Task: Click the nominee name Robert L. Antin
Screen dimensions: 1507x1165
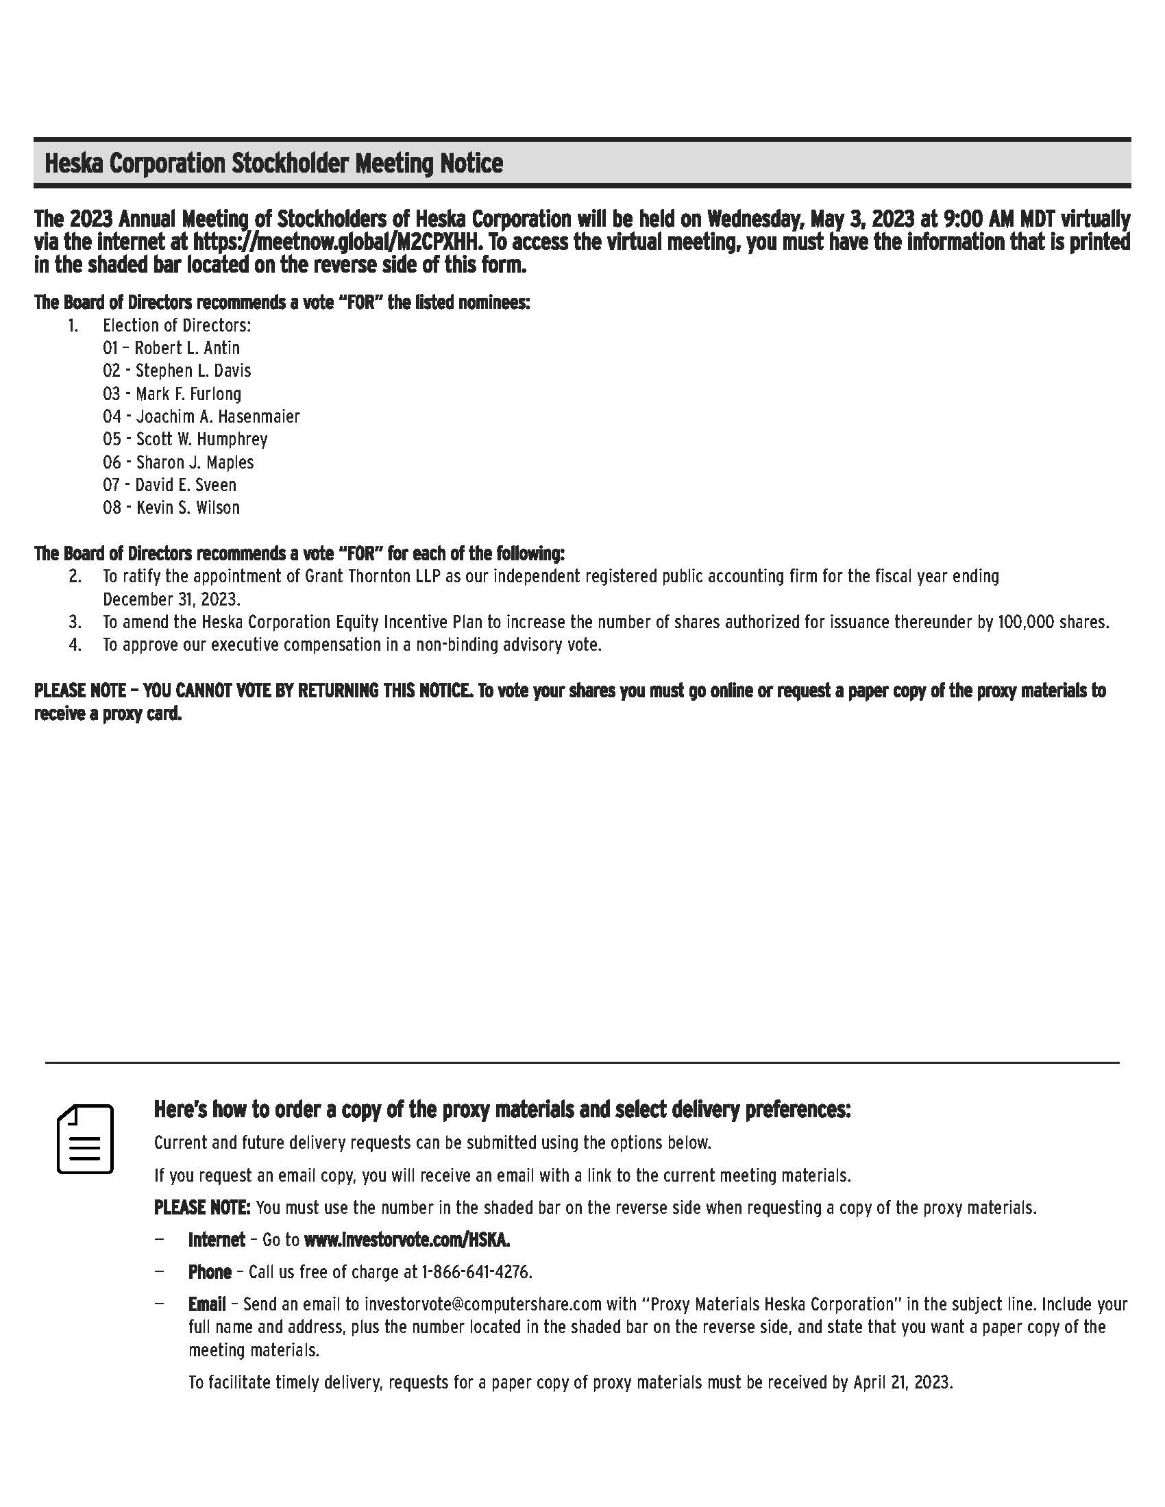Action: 187,348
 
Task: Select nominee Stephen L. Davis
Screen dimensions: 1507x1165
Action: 193,371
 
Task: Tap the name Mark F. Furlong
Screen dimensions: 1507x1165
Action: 188,394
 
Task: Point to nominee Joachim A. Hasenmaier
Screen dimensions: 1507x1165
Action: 217,416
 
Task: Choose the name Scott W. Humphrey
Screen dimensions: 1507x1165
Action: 201,439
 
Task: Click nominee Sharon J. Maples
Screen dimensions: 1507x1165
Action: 195,462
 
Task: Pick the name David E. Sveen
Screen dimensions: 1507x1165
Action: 186,484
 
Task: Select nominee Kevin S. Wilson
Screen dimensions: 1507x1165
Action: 188,507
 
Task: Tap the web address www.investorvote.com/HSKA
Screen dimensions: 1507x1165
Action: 406,1240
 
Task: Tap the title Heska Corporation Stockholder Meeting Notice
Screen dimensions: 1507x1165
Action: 273,164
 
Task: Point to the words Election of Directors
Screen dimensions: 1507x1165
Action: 177,325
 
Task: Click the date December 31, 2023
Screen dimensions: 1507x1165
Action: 171,599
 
